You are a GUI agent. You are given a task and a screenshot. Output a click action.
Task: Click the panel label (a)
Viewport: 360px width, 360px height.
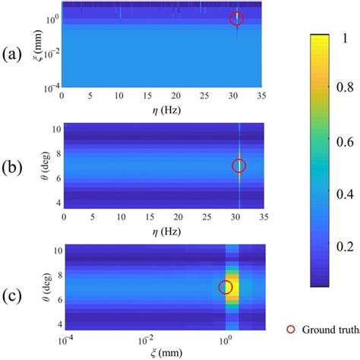tap(12, 54)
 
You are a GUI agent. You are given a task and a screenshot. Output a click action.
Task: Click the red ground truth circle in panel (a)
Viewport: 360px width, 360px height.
tap(236, 19)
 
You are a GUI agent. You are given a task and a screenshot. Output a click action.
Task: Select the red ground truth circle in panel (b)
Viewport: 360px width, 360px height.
tap(239, 166)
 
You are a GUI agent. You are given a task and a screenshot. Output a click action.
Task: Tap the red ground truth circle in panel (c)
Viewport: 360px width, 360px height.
tap(226, 287)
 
